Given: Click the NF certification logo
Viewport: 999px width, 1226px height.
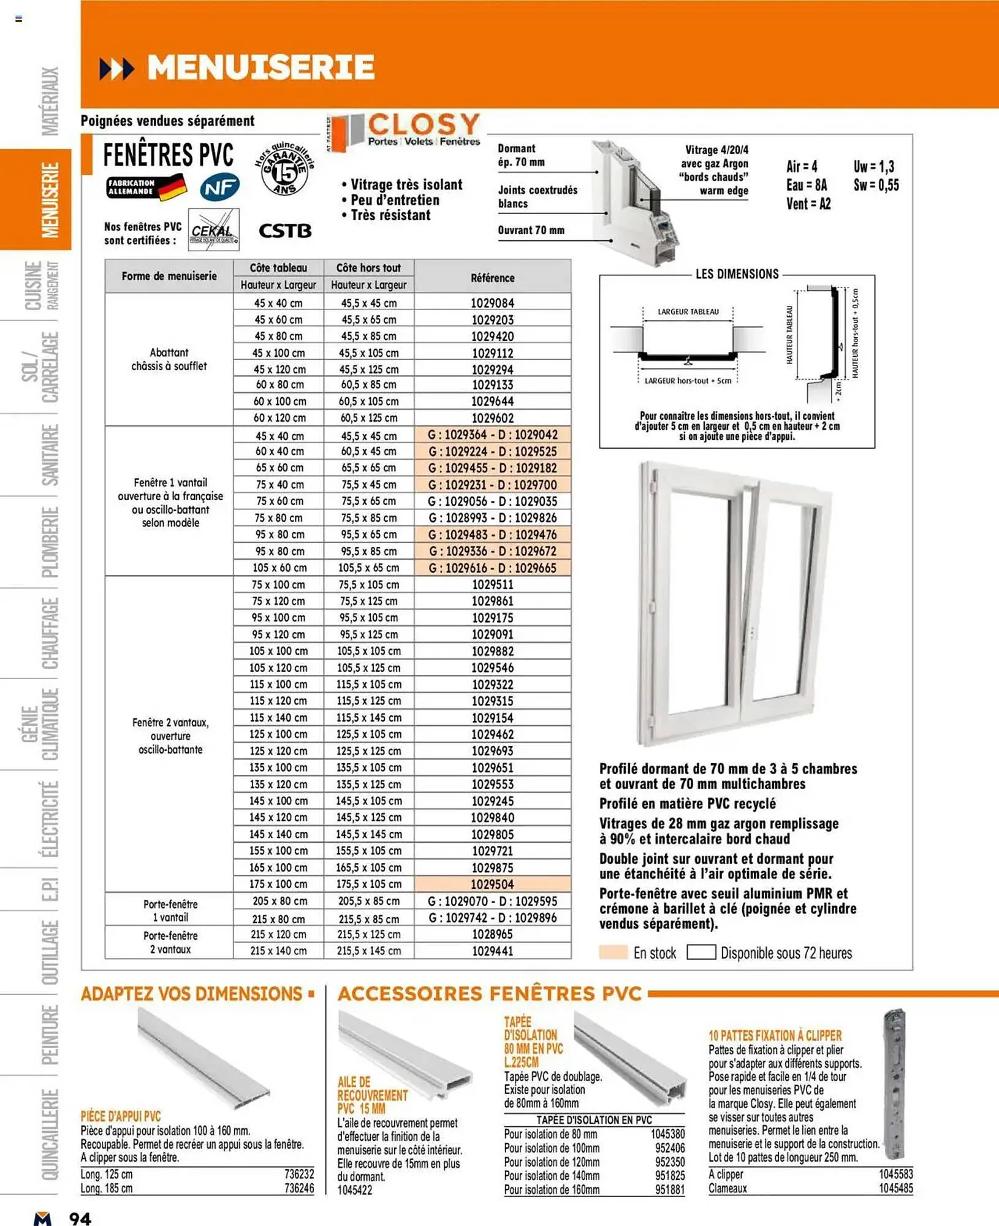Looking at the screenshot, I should [x=219, y=188].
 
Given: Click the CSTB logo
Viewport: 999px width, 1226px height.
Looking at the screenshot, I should [x=285, y=231].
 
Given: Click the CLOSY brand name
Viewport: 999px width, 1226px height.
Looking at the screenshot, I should [x=423, y=124].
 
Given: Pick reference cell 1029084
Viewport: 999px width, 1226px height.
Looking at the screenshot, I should [x=492, y=303].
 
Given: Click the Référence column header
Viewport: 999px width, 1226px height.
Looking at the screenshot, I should [x=492, y=278].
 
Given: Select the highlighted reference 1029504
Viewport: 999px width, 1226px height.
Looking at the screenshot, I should [x=492, y=884].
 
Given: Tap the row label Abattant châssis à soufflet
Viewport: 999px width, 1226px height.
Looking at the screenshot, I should [x=169, y=359].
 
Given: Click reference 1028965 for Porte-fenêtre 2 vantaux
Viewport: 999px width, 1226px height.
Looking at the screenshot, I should [x=492, y=934].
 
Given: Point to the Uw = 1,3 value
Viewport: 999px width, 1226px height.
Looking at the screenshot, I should [x=873, y=167].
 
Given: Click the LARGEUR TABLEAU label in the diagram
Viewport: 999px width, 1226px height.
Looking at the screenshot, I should [x=688, y=311].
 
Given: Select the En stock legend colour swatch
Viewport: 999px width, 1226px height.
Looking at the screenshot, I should [x=613, y=952].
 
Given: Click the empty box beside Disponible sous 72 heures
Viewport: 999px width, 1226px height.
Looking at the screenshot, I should [x=701, y=952].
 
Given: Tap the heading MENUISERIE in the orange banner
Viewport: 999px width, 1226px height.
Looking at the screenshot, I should [x=260, y=67].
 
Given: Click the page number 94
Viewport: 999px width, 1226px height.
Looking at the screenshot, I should [x=80, y=1217].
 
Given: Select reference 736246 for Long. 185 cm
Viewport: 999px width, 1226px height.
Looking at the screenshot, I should [x=299, y=1188].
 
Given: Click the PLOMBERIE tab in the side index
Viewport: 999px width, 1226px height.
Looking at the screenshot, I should [x=50, y=542].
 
